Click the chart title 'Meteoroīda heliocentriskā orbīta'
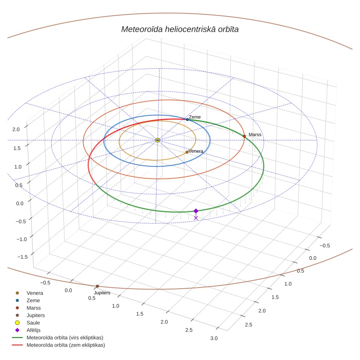point(180,30)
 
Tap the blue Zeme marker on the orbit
point(187,120)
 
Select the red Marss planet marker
point(244,136)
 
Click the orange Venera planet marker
point(187,152)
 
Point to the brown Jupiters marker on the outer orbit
point(97,286)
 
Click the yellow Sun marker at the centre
point(158,140)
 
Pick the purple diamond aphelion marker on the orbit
point(196,211)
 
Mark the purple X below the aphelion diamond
point(196,218)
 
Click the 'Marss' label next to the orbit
point(255,134)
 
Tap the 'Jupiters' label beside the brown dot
point(102,293)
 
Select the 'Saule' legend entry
point(33,323)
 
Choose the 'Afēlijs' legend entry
point(34,330)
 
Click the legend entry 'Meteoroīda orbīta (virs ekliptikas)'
point(65,338)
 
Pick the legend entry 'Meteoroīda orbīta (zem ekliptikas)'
point(66,345)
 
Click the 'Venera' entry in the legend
point(35,293)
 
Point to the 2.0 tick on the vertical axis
point(16,129)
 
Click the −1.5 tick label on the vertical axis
point(22,257)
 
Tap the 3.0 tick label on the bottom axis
point(214,338)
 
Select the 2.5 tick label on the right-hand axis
point(248,325)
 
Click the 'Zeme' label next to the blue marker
point(195,117)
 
